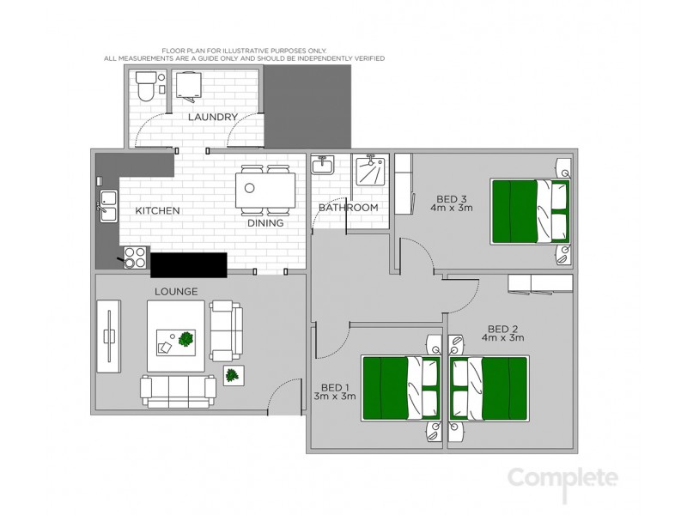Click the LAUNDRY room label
tap(212, 117)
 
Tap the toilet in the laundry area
tap(144, 85)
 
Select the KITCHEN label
tap(157, 210)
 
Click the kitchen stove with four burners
tap(134, 257)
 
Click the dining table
tap(265, 189)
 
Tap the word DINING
tap(266, 223)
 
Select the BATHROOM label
tap(348, 208)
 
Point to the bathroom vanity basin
tap(323, 164)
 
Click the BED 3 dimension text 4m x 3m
tap(453, 209)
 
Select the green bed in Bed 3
tap(529, 211)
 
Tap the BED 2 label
tap(502, 329)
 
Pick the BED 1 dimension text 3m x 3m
tap(335, 397)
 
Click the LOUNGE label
tap(176, 292)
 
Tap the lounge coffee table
tap(175, 338)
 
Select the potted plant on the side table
tap(232, 375)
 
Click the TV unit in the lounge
tap(108, 336)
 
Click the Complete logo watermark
tap(562, 477)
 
